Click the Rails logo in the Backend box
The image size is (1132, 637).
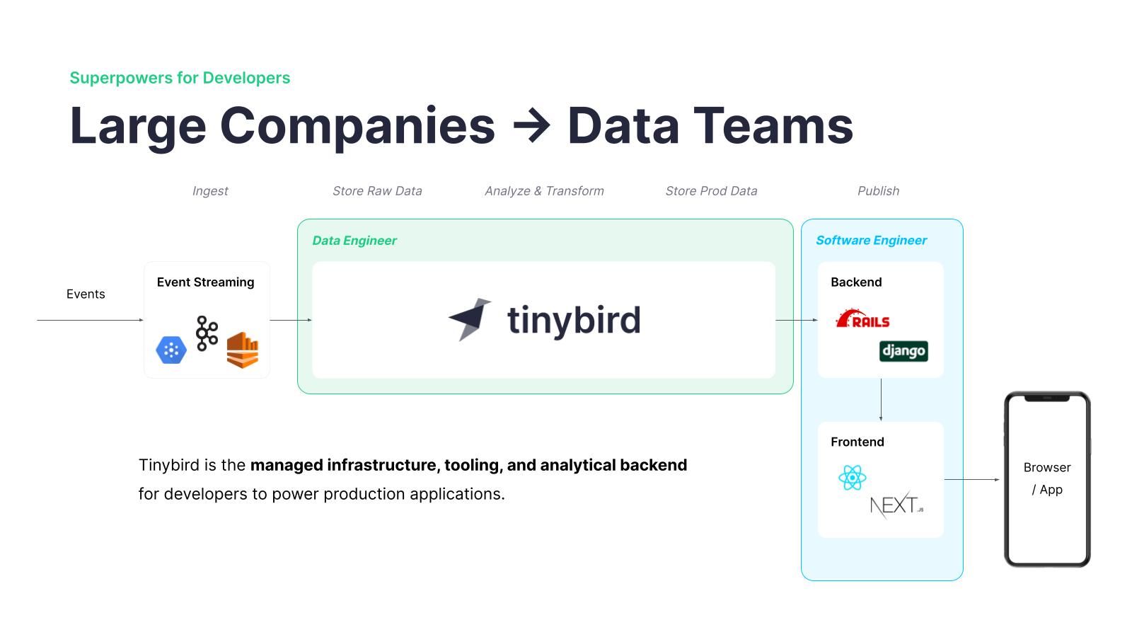coord(862,318)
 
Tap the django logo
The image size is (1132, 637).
coord(903,351)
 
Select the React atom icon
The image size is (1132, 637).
coord(852,478)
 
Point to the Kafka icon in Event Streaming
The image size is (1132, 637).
coord(207,333)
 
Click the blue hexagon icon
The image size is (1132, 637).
coord(171,350)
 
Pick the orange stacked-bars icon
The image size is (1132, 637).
coord(243,350)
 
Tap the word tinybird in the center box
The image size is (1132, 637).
coord(574,321)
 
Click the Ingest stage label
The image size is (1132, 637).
coord(210,191)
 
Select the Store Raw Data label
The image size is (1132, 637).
coord(377,191)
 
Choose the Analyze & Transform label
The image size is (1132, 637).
coord(544,191)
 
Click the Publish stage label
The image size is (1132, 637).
coord(878,191)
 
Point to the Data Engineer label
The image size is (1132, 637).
coord(354,241)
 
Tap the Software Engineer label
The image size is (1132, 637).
coord(871,241)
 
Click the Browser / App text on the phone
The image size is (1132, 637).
coord(1047,478)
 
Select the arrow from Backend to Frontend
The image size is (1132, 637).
coord(881,400)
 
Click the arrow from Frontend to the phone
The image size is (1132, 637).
coord(972,479)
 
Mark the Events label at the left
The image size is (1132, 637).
coord(86,294)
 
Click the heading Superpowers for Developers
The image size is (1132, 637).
coord(180,78)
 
